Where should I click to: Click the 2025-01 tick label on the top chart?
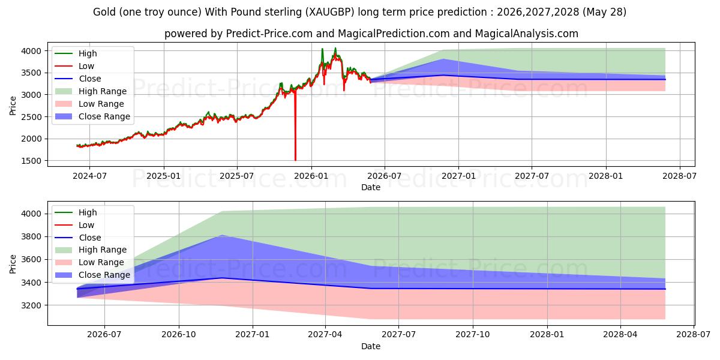(x=163, y=176)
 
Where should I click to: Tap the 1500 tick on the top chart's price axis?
(x=31, y=161)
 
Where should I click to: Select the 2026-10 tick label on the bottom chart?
(x=179, y=335)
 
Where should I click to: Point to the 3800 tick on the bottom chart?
(x=31, y=237)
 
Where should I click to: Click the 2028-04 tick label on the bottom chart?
(x=620, y=335)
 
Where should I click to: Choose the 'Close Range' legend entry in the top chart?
(x=92, y=116)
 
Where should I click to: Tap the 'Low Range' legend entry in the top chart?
(x=89, y=104)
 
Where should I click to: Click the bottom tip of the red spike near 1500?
(x=295, y=160)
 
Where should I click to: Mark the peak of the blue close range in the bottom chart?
(x=222, y=235)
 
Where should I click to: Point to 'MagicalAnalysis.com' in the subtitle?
(x=527, y=34)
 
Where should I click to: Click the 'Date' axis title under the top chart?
(x=371, y=187)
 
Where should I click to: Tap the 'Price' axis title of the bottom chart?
(x=13, y=264)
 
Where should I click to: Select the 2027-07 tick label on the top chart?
(x=532, y=176)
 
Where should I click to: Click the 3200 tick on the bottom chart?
(x=31, y=305)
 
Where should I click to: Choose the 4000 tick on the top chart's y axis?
(x=31, y=51)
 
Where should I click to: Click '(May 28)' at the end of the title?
(x=604, y=12)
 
